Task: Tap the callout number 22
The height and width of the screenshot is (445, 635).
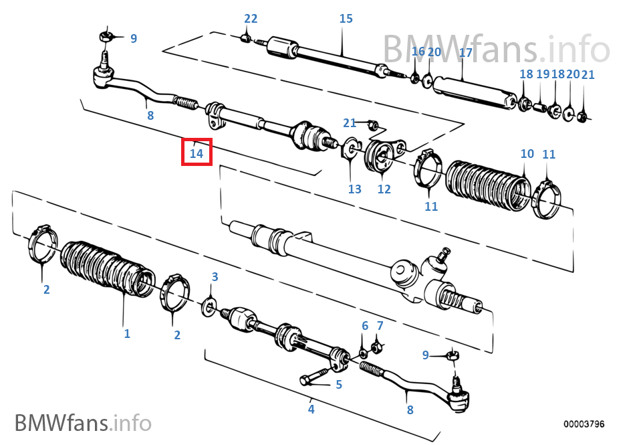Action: [x=251, y=19]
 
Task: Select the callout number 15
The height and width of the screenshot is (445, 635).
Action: [x=346, y=19]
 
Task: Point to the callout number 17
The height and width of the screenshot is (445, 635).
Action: [x=465, y=52]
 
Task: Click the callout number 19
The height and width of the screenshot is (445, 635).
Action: [x=542, y=74]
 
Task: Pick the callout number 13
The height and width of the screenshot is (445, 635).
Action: [x=354, y=189]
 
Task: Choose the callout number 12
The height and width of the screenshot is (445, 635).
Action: [x=384, y=189]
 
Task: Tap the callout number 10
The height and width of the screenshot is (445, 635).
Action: [x=527, y=154]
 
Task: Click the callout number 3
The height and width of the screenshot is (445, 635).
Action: [x=215, y=277]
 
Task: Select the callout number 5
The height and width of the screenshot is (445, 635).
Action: [x=339, y=385]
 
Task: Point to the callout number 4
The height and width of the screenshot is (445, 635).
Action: [x=311, y=409]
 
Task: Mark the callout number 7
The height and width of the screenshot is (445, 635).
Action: [x=380, y=326]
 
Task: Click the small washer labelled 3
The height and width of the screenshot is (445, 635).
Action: [x=209, y=306]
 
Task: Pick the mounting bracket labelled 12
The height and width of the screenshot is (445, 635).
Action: [x=378, y=159]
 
